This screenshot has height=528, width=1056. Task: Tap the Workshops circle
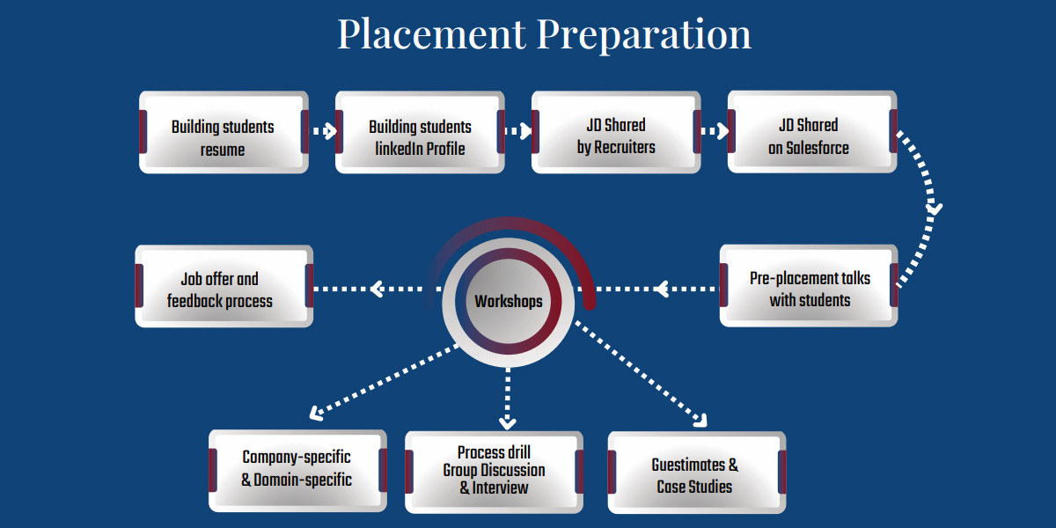[509, 301]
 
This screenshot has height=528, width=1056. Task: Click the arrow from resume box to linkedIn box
[323, 132]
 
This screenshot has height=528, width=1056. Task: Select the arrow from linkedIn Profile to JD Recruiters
[518, 132]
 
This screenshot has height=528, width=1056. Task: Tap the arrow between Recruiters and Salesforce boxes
[715, 132]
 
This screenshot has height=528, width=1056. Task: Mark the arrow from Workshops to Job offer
[378, 288]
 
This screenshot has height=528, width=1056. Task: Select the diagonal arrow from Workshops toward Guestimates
[642, 374]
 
